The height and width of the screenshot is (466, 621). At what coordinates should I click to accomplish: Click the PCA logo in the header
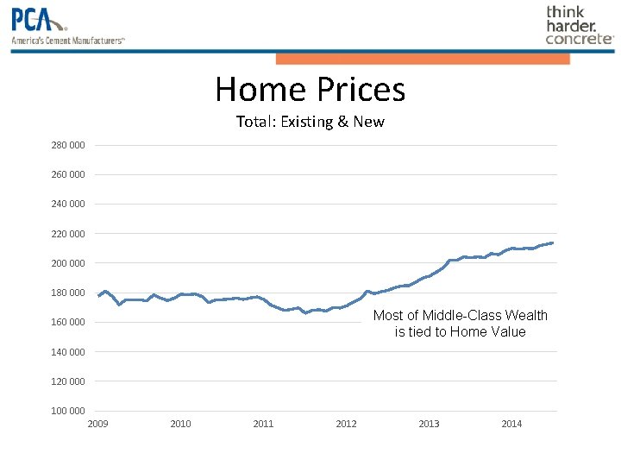tap(39, 20)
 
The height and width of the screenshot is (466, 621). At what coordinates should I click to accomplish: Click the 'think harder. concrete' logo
tap(579, 25)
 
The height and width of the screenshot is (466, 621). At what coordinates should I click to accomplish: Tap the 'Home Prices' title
tap(310, 90)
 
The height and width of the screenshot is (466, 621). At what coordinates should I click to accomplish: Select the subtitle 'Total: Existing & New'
tap(310, 122)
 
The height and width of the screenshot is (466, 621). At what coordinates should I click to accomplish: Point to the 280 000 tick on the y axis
tap(68, 145)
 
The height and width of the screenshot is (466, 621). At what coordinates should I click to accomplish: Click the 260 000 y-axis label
tap(68, 174)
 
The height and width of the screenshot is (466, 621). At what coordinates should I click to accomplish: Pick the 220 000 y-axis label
tap(68, 234)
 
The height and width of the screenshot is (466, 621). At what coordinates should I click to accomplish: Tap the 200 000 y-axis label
tap(68, 263)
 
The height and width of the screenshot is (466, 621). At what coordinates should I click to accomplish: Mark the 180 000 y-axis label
tap(68, 293)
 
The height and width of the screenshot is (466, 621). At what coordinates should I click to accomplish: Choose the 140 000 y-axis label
tap(68, 352)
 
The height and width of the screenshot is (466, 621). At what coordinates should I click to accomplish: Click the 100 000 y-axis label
tap(68, 411)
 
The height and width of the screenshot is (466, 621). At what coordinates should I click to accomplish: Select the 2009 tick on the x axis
tap(97, 424)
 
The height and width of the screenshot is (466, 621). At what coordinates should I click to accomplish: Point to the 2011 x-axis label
tap(263, 424)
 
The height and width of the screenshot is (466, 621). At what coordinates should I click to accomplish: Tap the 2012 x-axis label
tap(346, 424)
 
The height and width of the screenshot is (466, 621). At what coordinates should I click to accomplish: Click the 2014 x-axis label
tap(511, 424)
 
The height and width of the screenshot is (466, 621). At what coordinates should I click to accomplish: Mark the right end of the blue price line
tap(552, 242)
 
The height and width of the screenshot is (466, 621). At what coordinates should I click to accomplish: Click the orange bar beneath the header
tap(423, 59)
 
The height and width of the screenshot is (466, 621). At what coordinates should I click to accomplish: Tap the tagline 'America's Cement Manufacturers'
tap(68, 41)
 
